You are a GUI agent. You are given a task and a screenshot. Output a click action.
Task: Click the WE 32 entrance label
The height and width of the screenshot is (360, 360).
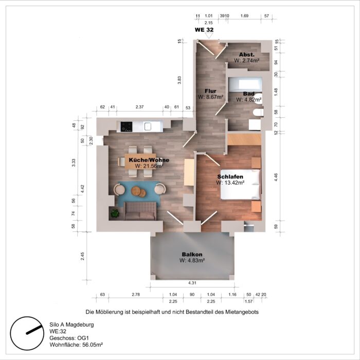pyautogui.click(x=204, y=30)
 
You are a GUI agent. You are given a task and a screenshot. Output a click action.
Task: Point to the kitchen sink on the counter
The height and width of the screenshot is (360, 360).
pyautogui.click(x=148, y=125)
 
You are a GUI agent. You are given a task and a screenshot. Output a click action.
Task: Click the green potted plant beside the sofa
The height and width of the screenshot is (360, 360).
pyautogui.click(x=115, y=212)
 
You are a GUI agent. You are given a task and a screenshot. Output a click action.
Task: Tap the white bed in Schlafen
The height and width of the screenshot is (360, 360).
pyautogui.click(x=238, y=184)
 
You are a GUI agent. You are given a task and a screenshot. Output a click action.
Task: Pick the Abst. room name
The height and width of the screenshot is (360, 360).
pyautogui.click(x=246, y=54)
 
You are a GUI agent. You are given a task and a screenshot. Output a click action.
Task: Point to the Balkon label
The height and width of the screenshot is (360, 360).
pyautogui.click(x=192, y=255)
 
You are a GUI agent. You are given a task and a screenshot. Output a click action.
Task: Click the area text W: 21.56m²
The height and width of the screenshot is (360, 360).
pyautogui.click(x=149, y=166)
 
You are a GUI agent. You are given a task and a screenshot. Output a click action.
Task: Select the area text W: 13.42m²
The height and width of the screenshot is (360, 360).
pyautogui.click(x=230, y=182)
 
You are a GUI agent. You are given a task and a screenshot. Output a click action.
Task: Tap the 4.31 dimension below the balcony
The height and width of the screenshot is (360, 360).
pyautogui.click(x=191, y=283)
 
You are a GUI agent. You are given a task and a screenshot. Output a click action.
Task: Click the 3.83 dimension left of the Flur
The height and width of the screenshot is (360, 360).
pyautogui.click(x=179, y=80)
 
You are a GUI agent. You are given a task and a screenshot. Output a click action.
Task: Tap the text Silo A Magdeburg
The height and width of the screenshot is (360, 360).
pyautogui.click(x=71, y=325)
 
